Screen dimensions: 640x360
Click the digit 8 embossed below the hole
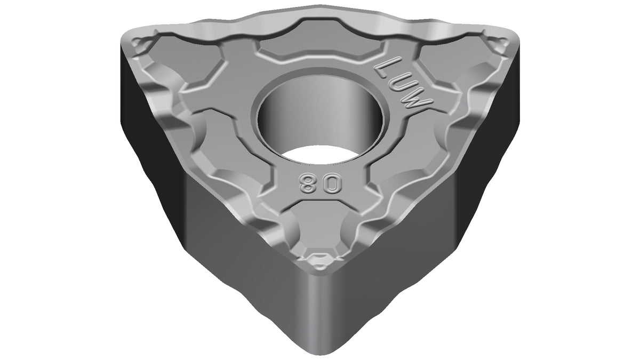[306, 183]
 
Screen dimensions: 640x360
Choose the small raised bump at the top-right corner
[499, 46]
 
